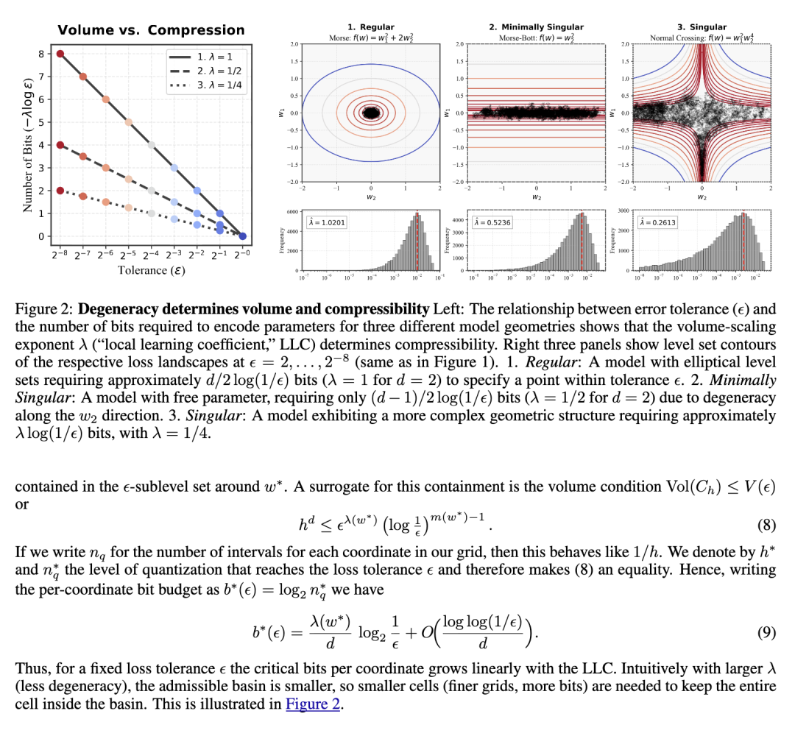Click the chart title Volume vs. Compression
pyautogui.click(x=151, y=30)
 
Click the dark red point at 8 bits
pyautogui.click(x=60, y=54)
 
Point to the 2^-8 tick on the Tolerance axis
pyautogui.click(x=60, y=254)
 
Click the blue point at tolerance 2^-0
pyautogui.click(x=243, y=236)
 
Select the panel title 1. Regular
pyautogui.click(x=372, y=27)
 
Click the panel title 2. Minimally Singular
pyautogui.click(x=537, y=27)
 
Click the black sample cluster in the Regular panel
pyautogui.click(x=372, y=113)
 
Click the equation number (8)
pyautogui.click(x=766, y=525)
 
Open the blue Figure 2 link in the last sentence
pyautogui.click(x=314, y=704)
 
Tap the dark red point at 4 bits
pyautogui.click(x=60, y=145)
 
